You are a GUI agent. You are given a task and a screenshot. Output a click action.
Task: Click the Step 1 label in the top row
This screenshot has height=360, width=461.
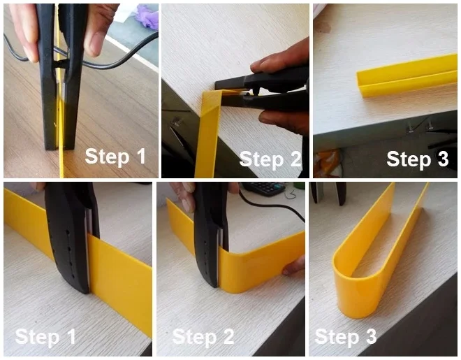pos(115,157)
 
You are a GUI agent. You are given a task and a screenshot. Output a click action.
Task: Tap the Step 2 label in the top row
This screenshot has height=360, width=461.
pos(270,159)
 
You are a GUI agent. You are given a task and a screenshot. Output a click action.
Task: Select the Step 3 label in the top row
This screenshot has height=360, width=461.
pos(418,159)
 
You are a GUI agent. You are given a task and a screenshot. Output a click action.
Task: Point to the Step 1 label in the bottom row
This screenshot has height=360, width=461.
pos(45,337)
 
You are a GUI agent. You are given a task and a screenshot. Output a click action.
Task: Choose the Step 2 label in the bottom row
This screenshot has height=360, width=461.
pos(203,336)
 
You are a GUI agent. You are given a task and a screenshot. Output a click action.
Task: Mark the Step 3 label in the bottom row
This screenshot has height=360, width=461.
pos(346,336)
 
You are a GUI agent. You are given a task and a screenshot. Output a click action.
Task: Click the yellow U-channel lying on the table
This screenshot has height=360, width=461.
pos(407,76)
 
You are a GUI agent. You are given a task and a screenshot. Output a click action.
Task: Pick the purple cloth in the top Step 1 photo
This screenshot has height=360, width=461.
pos(147,16)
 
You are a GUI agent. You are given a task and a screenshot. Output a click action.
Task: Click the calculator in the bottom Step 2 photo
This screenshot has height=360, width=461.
pos(264,188)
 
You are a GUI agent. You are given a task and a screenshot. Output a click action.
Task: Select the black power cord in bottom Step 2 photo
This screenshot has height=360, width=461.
pos(272,205)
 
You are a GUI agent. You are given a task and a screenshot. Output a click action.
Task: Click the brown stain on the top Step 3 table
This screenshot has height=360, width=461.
pos(323,27)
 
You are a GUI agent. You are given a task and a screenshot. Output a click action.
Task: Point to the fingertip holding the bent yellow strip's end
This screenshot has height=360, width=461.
pos(293,266)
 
